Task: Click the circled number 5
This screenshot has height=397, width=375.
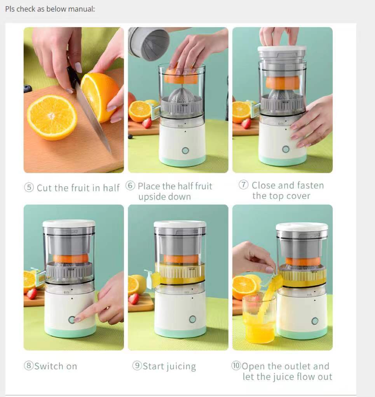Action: coord(29,187)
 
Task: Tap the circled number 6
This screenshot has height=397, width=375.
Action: coord(130,185)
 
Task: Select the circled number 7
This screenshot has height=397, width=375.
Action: coord(243,185)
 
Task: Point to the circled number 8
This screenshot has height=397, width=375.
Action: coord(29,365)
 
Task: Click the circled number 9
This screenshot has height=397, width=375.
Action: coord(137,365)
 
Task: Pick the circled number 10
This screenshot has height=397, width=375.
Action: coord(236,365)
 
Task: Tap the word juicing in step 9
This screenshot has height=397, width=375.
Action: coord(181,367)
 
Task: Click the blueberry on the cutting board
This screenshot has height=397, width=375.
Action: coord(28,89)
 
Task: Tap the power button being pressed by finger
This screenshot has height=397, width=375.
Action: coord(72,319)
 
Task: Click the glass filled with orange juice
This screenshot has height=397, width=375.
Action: coord(258,319)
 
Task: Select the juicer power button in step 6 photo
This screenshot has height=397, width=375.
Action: coord(185,151)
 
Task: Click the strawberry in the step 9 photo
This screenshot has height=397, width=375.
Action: coord(134,299)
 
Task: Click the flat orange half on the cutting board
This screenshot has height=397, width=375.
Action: coord(52,117)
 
